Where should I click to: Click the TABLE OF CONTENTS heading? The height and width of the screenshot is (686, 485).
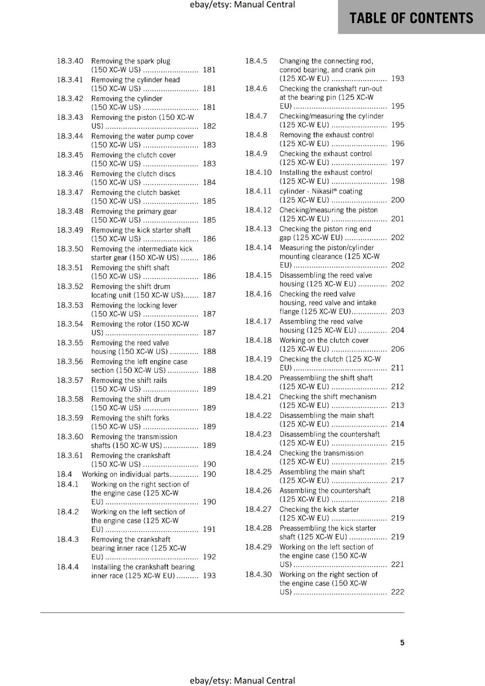tap(411, 18)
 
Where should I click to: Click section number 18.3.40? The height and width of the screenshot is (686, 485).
tap(70, 61)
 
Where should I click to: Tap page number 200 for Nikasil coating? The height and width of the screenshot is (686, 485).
tap(397, 200)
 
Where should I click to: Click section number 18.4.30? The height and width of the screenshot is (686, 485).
tap(258, 574)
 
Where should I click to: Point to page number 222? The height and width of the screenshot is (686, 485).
tap(397, 592)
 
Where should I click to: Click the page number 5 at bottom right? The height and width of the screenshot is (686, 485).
tap(402, 642)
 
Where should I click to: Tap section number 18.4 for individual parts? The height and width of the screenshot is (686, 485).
tap(64, 474)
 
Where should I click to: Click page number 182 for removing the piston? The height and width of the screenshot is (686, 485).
tap(209, 126)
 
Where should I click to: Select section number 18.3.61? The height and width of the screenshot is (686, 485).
tap(70, 455)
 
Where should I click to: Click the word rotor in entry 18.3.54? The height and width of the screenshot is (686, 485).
tap(143, 324)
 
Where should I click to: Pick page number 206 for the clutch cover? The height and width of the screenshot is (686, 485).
tap(397, 349)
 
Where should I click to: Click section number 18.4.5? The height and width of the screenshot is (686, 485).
tap(256, 61)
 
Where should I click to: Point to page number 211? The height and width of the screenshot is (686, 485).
tap(397, 368)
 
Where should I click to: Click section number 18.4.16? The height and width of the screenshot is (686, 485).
tap(258, 294)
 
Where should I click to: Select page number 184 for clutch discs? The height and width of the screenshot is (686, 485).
tap(209, 182)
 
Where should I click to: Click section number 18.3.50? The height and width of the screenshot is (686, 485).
tap(70, 249)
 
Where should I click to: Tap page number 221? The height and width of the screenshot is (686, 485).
tap(397, 564)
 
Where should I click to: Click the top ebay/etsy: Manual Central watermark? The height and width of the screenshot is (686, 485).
tap(242, 5)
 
